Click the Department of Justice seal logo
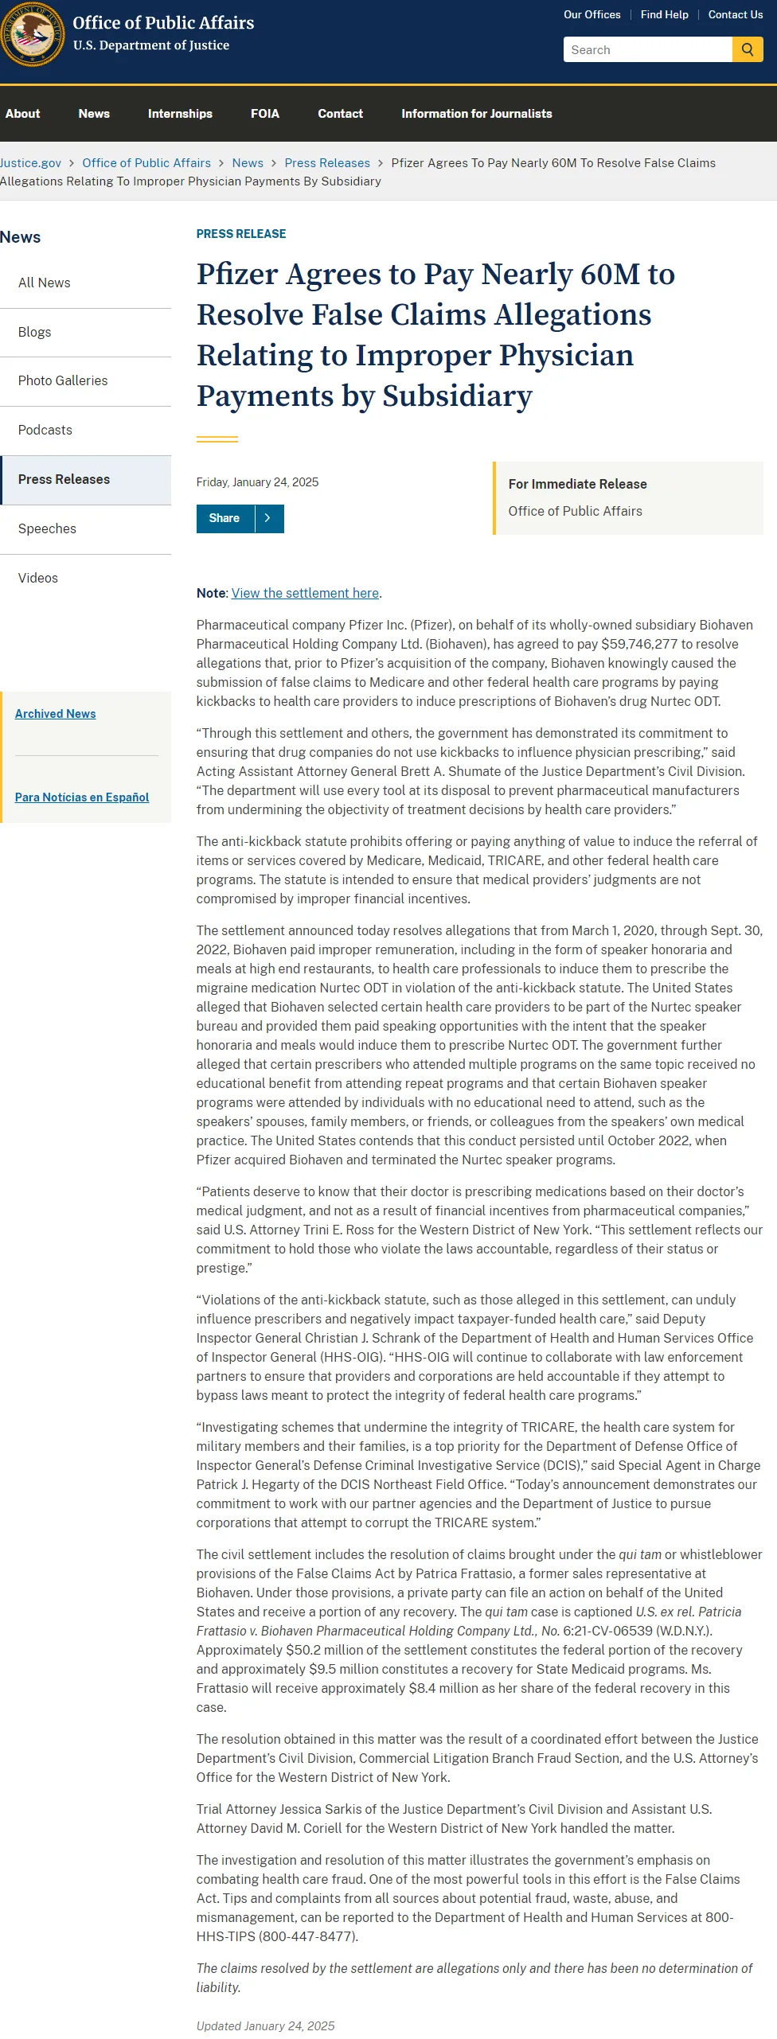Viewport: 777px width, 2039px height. (32, 34)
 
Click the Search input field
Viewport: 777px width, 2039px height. (647, 49)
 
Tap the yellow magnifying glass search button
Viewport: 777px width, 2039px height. (748, 49)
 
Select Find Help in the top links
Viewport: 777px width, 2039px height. (664, 14)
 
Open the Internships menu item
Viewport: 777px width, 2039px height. (180, 114)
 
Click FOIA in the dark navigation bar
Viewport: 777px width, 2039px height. (265, 114)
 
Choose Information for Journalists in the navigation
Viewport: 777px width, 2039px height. (476, 114)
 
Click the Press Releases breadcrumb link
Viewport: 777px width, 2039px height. (327, 162)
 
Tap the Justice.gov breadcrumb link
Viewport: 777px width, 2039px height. (30, 162)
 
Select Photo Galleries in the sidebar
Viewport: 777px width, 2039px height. (63, 380)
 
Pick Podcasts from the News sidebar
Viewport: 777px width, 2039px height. (45, 430)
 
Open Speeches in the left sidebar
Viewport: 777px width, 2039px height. (47, 528)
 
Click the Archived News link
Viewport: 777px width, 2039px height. (55, 714)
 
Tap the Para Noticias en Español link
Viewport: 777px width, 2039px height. (82, 797)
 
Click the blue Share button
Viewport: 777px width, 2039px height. (225, 518)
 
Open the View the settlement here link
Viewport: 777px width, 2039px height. (305, 593)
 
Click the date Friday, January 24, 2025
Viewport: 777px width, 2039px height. (257, 482)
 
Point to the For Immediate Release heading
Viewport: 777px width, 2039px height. (577, 484)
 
